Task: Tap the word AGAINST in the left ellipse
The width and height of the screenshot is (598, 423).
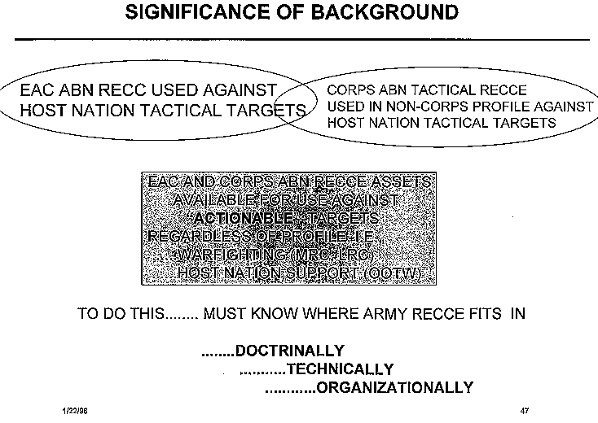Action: click(x=244, y=90)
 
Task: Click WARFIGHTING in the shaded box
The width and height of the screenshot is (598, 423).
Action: click(x=228, y=255)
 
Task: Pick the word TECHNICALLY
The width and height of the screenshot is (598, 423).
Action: click(x=341, y=369)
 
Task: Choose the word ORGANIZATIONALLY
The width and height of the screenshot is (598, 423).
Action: click(x=394, y=387)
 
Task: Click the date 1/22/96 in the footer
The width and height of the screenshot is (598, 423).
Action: click(x=74, y=410)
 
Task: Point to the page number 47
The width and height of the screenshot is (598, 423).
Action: click(x=525, y=410)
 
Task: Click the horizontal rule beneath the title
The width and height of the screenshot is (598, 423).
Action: click(x=301, y=39)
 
